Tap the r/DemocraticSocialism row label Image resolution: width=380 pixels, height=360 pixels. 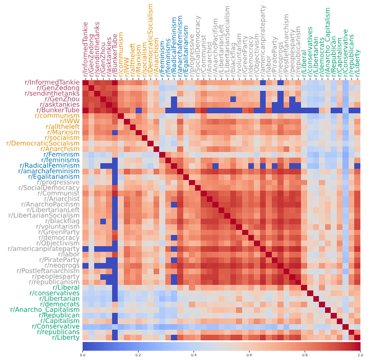(43, 144)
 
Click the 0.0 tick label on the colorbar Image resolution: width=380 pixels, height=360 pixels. (83, 355)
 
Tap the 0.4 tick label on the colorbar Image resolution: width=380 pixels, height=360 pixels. (193, 355)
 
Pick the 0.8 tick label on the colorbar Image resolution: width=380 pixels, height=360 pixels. (304, 355)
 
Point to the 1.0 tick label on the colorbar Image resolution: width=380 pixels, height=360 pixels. (359, 355)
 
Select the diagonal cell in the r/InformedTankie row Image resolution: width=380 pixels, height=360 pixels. (86, 83)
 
